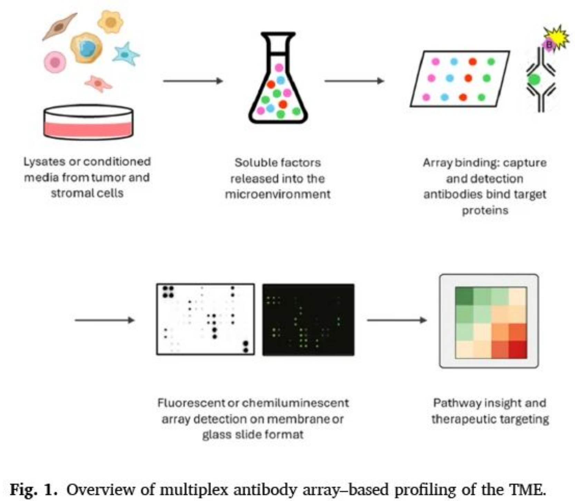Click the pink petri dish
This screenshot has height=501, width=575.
click(x=88, y=122)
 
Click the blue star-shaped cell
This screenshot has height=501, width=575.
click(x=126, y=54)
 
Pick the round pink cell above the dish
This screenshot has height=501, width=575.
click(x=55, y=62)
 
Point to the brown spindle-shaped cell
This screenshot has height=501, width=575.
click(x=60, y=26)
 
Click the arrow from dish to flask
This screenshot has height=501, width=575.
click(x=193, y=81)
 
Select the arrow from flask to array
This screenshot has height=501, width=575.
click(x=354, y=81)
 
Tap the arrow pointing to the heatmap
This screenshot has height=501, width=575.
click(x=397, y=320)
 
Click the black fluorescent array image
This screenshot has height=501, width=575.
click(x=308, y=320)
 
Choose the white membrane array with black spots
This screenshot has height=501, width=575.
click(x=205, y=319)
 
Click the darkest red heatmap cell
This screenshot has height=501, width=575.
click(x=518, y=350)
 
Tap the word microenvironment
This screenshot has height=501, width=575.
click(x=278, y=194)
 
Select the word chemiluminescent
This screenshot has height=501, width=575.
click(x=295, y=403)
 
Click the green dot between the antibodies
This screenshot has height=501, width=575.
click(x=534, y=80)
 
